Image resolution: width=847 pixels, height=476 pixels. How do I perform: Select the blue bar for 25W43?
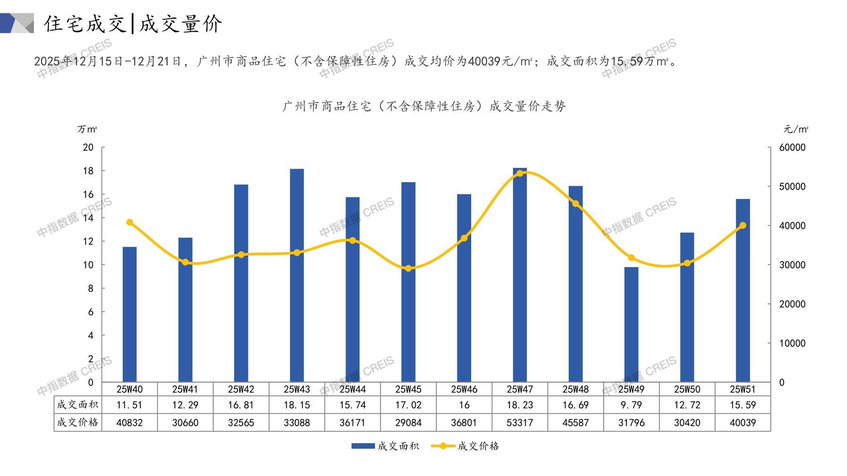[x=296, y=275]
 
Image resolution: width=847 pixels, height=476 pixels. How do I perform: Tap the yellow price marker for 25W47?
[x=520, y=173]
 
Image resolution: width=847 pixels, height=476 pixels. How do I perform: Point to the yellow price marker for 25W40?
[x=130, y=222]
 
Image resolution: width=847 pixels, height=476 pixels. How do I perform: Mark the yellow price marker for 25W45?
[x=408, y=269]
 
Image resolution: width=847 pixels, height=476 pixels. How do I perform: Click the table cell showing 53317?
[x=519, y=423]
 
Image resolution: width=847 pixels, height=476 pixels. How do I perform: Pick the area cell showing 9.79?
[x=631, y=405]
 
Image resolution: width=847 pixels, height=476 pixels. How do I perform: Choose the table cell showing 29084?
[x=408, y=423]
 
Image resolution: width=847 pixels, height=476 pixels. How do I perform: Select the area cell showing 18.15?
[x=296, y=405]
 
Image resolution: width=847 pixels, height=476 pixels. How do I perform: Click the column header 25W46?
[x=464, y=389]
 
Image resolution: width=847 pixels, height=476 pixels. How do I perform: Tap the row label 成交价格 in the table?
[x=77, y=422]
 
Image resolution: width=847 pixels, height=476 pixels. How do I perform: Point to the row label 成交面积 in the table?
[x=77, y=404]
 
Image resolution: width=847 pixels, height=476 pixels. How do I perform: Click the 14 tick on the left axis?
[x=88, y=218]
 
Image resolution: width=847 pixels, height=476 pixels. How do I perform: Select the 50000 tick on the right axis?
[x=792, y=187]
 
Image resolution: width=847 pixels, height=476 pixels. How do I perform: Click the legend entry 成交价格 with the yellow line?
[x=478, y=446]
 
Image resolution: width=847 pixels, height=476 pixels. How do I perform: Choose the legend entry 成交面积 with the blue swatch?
[x=398, y=446]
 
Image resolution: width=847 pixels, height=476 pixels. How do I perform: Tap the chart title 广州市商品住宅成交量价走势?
[x=424, y=106]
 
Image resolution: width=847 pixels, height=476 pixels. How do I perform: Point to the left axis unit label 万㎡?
[x=87, y=129]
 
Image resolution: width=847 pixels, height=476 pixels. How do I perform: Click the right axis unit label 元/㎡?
[x=796, y=129]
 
